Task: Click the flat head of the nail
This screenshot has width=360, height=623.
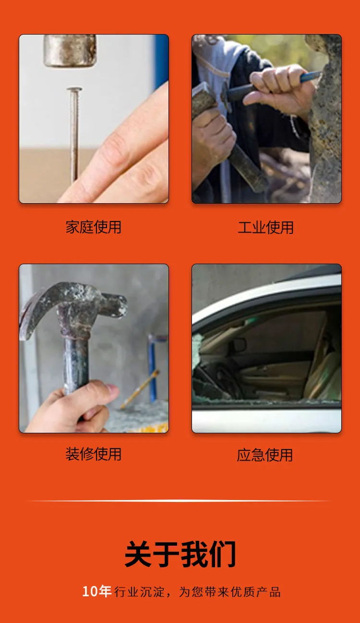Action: point(74,89)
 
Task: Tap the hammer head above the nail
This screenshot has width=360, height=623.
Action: point(70,50)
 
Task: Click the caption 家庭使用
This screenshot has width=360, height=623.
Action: point(94,227)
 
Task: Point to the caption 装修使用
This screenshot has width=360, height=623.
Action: point(94,454)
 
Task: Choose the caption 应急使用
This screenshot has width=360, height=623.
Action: point(264,455)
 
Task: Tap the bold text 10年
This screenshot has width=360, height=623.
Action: point(97,591)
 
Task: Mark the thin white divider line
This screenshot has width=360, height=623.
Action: point(180,501)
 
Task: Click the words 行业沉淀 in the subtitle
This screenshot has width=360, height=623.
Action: point(139,592)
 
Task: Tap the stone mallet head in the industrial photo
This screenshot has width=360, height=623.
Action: point(204,100)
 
